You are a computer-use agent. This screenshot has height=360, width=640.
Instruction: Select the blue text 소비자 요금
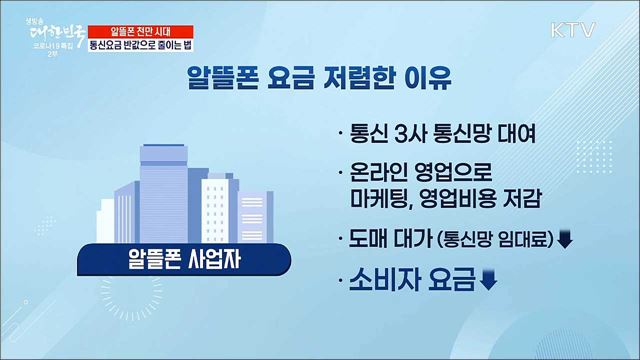click(x=413, y=279)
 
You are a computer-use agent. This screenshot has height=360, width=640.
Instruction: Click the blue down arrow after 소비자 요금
click(x=489, y=280)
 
